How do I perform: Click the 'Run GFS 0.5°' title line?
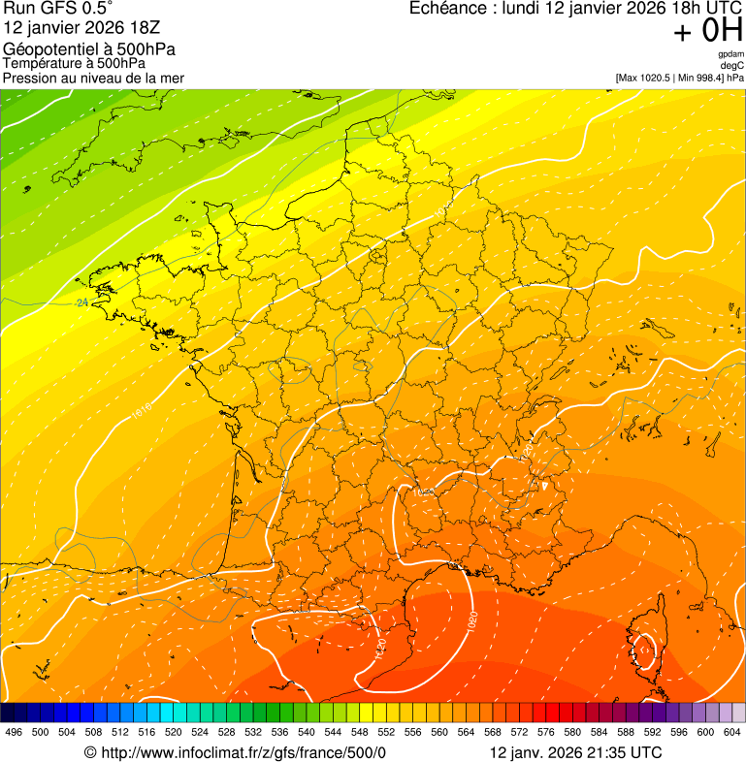(58, 10)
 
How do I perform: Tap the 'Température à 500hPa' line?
(74, 63)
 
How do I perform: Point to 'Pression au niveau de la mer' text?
(93, 78)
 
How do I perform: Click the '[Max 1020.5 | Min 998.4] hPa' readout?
(679, 78)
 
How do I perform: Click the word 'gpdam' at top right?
(730, 54)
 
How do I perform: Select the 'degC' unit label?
(732, 66)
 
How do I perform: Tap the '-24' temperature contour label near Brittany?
(81, 303)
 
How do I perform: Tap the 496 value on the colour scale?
(14, 733)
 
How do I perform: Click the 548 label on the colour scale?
(359, 733)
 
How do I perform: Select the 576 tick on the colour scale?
(545, 733)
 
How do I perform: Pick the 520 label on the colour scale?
(173, 733)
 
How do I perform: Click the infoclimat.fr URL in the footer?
(243, 752)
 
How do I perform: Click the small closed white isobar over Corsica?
(645, 651)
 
